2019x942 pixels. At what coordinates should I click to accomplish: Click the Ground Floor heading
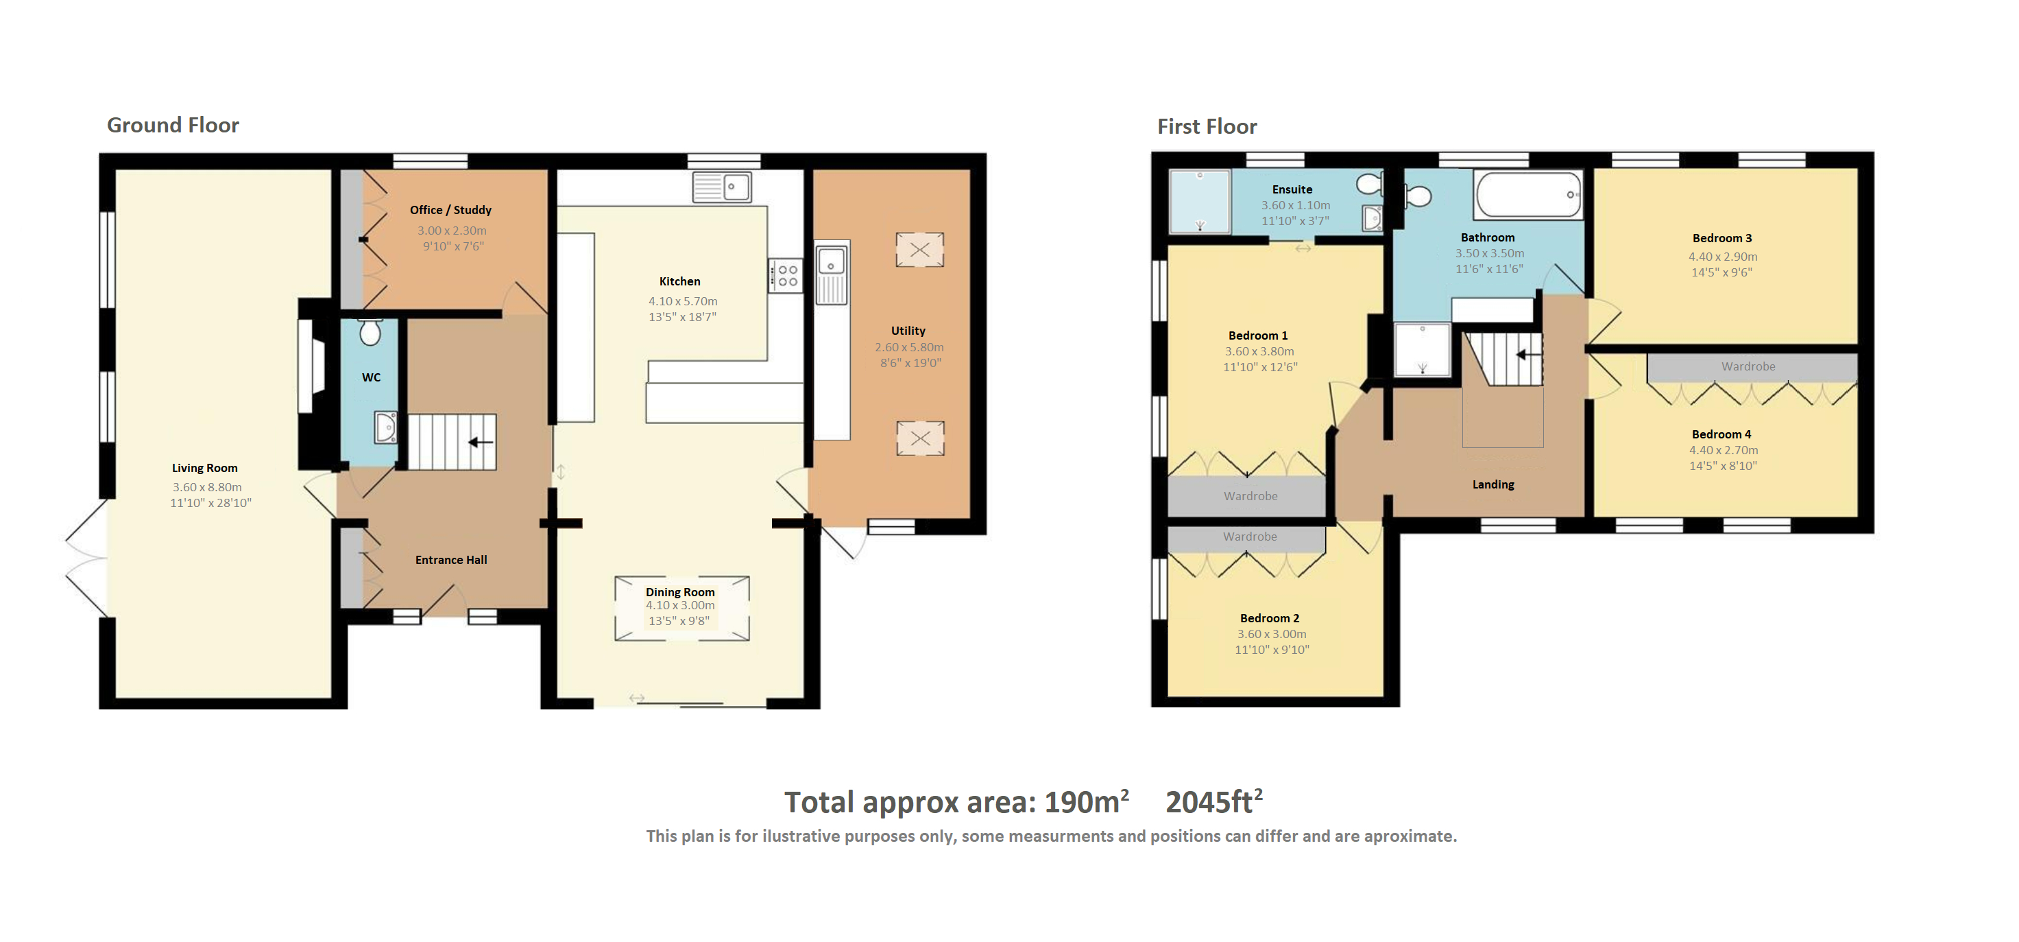(173, 126)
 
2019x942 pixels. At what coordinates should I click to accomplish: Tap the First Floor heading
(1207, 126)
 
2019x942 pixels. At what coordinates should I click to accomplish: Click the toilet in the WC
(371, 332)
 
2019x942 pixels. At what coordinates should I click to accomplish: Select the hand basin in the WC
(385, 427)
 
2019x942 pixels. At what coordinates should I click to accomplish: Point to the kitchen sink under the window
(722, 187)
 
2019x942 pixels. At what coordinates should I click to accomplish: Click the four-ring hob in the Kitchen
(786, 275)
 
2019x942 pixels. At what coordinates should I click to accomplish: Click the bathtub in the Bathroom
(1528, 195)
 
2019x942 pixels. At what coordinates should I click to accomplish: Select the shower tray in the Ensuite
(1200, 202)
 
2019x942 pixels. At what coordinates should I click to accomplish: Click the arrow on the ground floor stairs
(481, 443)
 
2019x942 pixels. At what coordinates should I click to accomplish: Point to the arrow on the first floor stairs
(1528, 355)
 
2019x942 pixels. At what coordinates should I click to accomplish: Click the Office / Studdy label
(450, 210)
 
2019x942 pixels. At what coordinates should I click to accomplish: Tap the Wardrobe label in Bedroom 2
(1250, 537)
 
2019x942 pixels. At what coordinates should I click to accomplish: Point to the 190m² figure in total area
(1087, 801)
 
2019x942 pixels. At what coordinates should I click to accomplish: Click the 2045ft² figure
(1214, 801)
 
